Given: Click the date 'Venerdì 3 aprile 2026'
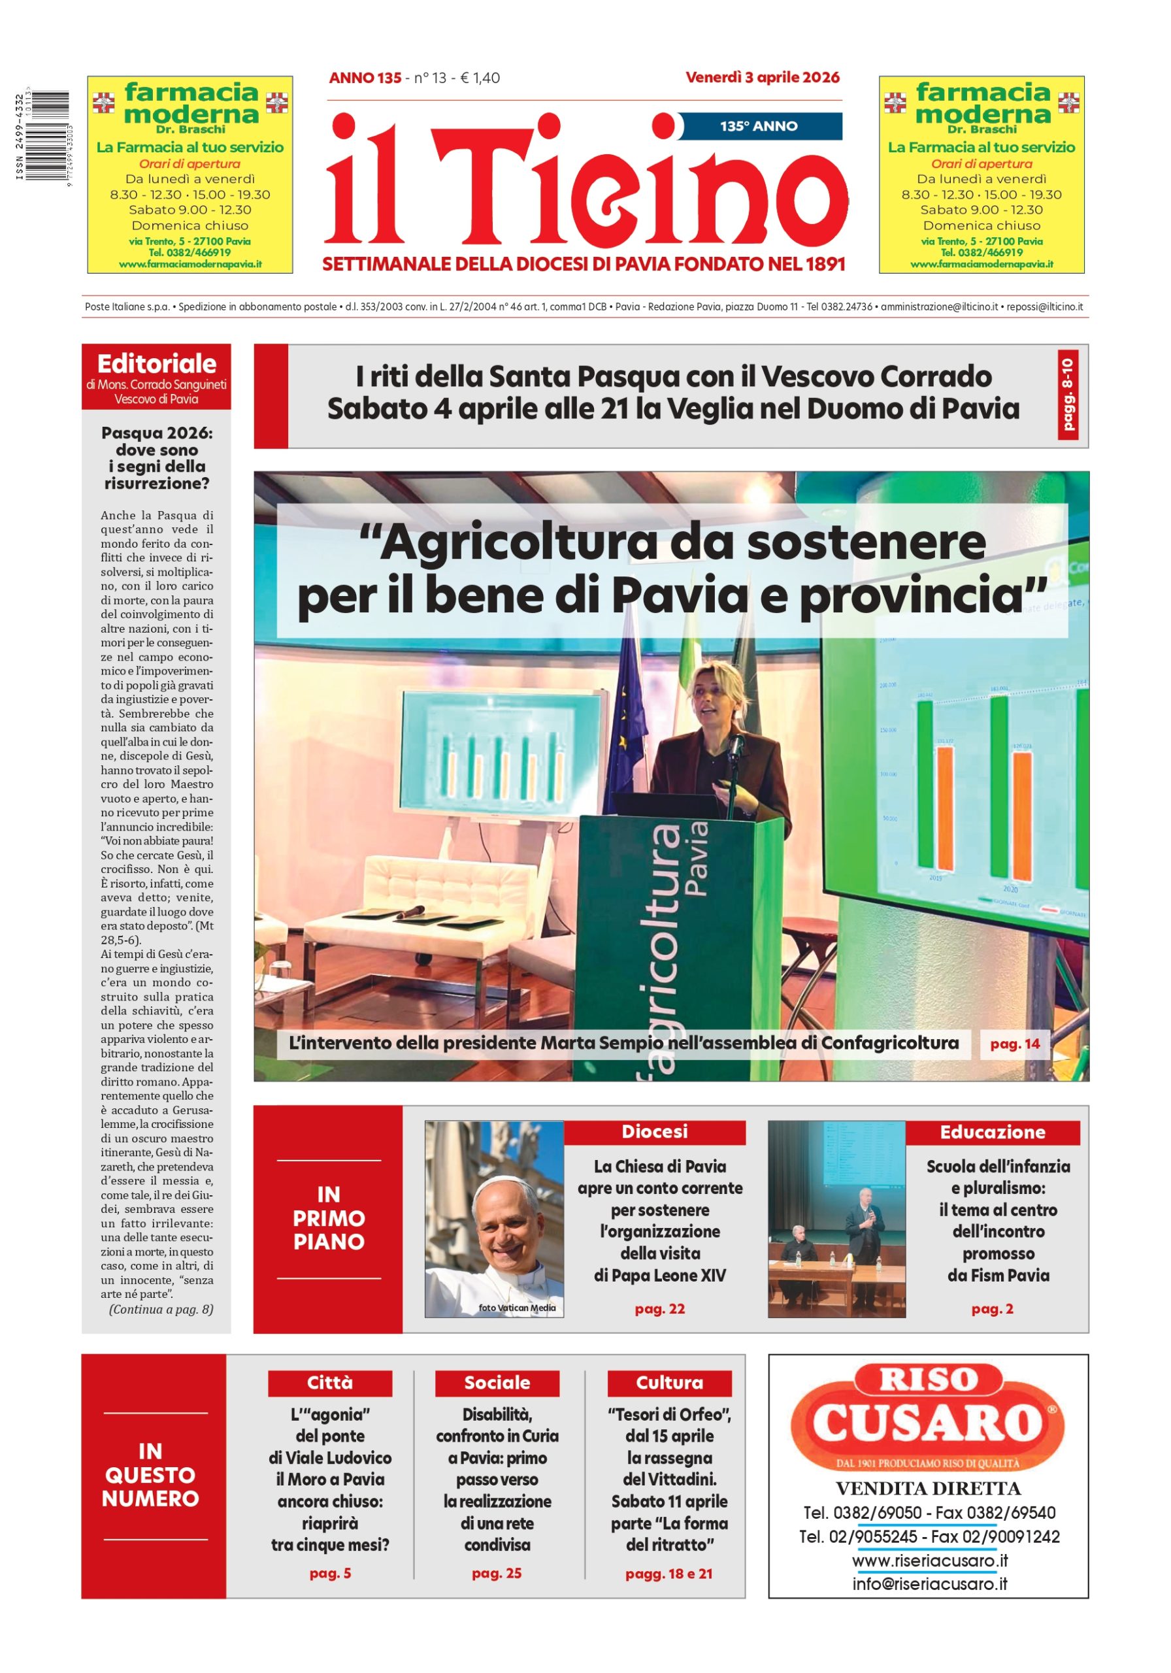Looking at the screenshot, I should [761, 77].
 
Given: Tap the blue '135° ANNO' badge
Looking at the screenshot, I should [759, 126].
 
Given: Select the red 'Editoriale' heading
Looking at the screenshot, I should [157, 363].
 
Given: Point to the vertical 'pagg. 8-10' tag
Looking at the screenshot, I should [1067, 394].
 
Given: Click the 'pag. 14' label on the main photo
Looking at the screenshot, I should [1014, 1044].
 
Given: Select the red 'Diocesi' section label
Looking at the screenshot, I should [653, 1132].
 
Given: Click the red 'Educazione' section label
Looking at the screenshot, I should [992, 1133].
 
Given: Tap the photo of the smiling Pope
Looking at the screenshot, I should [495, 1219].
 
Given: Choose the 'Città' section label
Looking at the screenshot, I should [329, 1383].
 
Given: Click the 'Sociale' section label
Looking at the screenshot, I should [497, 1383].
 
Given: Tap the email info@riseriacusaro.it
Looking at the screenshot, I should [929, 1584].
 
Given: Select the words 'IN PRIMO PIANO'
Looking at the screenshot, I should [329, 1218].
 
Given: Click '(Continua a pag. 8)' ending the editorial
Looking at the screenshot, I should [161, 1310].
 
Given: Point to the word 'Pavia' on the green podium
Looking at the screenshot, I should [696, 859].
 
